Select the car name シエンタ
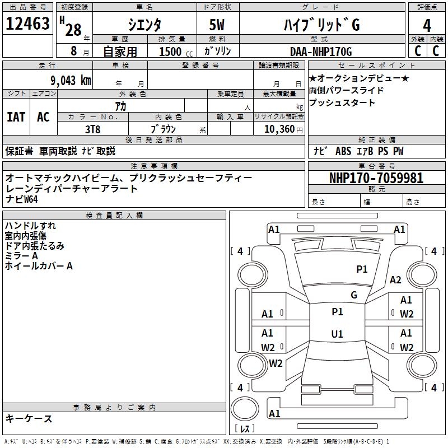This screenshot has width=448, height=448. pos(145,25)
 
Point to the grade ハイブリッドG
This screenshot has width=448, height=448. pos(320,25)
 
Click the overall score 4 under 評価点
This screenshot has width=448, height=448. pos(427,25)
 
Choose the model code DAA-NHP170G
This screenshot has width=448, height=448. pos(321,52)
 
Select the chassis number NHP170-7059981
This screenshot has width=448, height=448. pos(376,178)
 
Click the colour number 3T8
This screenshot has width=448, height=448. pos(92,128)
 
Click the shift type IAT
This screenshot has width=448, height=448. pos(16,116)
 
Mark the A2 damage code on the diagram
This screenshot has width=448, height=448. pos(396,280)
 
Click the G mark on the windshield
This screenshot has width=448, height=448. pos(354,295)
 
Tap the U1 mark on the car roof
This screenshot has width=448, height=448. pos(337,334)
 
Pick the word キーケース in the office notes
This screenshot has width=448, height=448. pos(29,418)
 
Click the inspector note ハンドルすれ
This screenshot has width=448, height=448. pos(30,226)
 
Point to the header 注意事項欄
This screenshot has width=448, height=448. pos(153,166)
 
